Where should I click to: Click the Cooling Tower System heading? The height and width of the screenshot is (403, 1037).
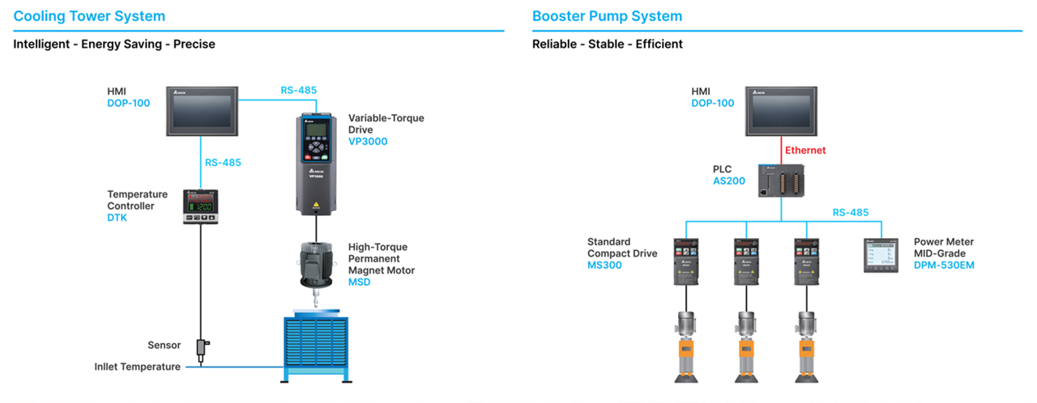point(89,16)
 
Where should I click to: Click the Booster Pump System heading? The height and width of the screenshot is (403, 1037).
point(607,16)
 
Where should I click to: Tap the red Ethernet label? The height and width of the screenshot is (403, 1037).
point(805,150)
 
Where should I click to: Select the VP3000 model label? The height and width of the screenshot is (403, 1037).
point(368,142)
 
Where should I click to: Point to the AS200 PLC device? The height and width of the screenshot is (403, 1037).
point(781,180)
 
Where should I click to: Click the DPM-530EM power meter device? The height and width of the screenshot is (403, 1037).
point(882,254)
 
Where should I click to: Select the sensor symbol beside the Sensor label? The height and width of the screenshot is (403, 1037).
point(201,346)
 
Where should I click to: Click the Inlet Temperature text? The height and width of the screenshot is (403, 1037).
point(137,367)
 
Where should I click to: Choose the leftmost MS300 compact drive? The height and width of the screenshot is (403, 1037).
point(686,261)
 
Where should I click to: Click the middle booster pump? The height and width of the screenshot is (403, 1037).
point(745,346)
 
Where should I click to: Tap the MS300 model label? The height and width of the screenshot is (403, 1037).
point(604,265)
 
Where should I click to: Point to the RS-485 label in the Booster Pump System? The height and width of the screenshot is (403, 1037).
point(851,213)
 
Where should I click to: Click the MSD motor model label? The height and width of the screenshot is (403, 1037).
point(359,282)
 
